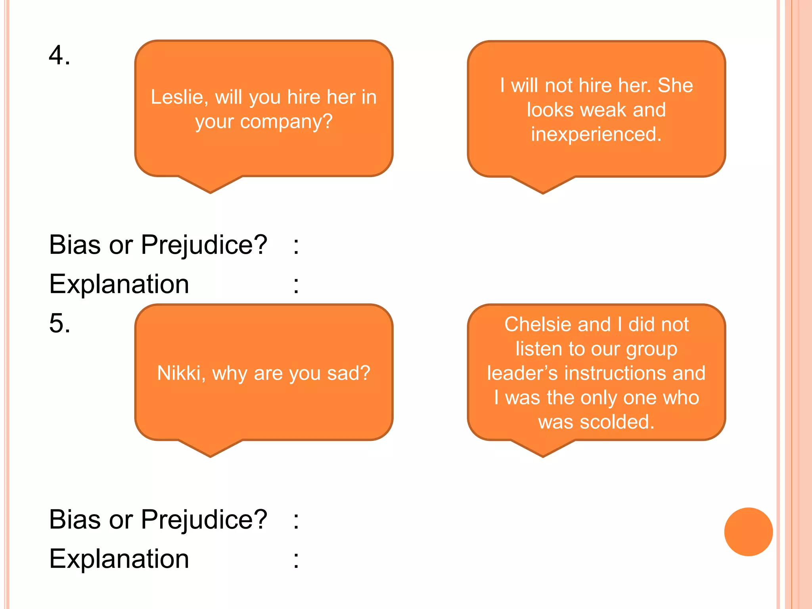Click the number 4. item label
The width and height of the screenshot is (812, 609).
[x=59, y=55]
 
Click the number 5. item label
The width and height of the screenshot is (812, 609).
[x=59, y=323]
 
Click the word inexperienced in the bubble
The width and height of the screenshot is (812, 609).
[x=596, y=134]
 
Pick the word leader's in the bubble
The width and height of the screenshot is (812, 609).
[x=522, y=373]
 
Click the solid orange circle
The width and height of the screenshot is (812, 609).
[x=748, y=532]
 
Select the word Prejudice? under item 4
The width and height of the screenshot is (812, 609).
[x=204, y=245]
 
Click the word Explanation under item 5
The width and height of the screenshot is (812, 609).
[x=119, y=559]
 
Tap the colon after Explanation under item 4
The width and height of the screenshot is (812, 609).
[x=296, y=285]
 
